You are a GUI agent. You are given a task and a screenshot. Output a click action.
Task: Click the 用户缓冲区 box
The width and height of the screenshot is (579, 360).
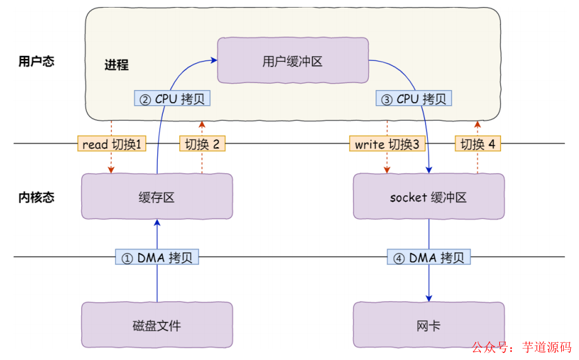[x=293, y=61]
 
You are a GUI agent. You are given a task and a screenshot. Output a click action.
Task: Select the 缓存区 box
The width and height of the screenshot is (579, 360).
[x=156, y=197]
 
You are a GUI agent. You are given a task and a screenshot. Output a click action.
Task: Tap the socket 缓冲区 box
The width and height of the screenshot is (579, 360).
[x=428, y=197]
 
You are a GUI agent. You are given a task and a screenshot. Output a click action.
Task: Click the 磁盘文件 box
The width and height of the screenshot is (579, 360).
[x=156, y=326]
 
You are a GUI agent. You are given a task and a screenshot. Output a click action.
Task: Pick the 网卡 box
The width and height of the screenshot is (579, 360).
[x=428, y=326]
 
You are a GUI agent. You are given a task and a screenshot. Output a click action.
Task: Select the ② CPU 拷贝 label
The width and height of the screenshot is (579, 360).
[x=172, y=99]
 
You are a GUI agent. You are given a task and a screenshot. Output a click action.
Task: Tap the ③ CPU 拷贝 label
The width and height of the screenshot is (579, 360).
[x=414, y=99]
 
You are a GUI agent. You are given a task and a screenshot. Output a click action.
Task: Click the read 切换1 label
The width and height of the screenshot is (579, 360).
[x=111, y=144]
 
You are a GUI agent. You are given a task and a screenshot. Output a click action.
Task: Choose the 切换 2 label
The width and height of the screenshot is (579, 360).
[x=202, y=144]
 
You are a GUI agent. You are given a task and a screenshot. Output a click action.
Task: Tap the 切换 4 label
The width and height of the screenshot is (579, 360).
[x=478, y=144]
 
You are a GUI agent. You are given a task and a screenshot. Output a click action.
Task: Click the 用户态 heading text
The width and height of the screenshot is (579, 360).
[x=36, y=61]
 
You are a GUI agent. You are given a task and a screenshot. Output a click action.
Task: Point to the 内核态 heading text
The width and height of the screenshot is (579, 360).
[x=36, y=197]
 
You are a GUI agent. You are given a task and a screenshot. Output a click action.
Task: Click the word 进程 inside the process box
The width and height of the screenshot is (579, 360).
[x=117, y=65]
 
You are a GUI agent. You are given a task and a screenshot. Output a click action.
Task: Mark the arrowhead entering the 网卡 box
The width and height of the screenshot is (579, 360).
[x=429, y=299]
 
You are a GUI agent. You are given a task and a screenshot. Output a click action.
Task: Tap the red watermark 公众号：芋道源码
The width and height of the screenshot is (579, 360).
[x=521, y=347]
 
